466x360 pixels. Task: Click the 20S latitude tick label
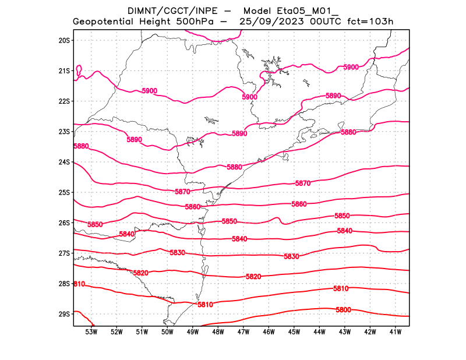64,40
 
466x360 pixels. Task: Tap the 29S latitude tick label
64,314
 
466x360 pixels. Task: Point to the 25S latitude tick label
64,192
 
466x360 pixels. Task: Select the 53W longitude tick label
91,332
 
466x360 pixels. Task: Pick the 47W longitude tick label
243,332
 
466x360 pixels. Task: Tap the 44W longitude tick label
319,332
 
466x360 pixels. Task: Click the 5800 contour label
343,310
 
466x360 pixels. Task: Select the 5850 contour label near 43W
342,216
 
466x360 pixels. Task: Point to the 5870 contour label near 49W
182,192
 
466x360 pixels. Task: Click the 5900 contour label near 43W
351,68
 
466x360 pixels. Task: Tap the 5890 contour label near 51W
134,140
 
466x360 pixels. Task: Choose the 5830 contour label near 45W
291,257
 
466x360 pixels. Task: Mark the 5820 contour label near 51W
140,273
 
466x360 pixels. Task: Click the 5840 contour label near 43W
344,231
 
